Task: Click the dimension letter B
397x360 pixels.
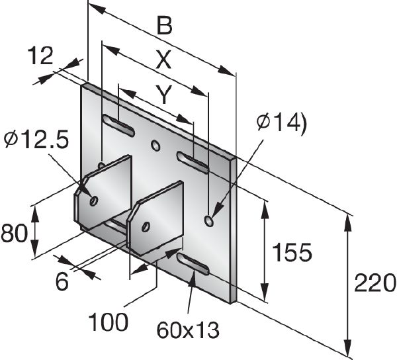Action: (x=164, y=26)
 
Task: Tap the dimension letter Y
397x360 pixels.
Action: (x=163, y=95)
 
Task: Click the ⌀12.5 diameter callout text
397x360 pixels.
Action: (x=36, y=140)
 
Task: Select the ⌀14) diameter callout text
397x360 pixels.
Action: (x=281, y=122)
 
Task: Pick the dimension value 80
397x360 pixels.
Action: (x=13, y=234)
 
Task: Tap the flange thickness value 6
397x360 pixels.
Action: (x=62, y=282)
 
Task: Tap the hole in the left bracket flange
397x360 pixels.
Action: (x=94, y=200)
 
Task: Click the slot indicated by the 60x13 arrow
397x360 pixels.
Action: (x=193, y=263)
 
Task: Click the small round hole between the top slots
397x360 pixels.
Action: (x=155, y=144)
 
